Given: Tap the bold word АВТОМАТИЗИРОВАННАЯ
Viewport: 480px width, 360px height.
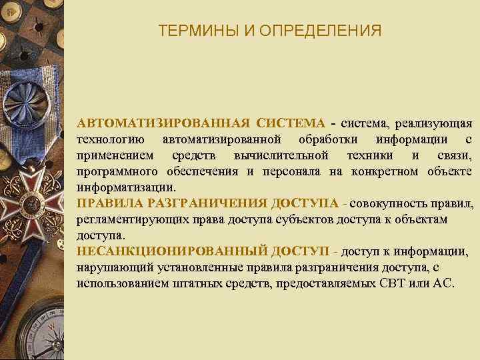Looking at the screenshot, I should coord(163,123).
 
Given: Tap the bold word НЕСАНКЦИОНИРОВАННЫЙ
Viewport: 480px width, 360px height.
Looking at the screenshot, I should coord(173,251).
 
